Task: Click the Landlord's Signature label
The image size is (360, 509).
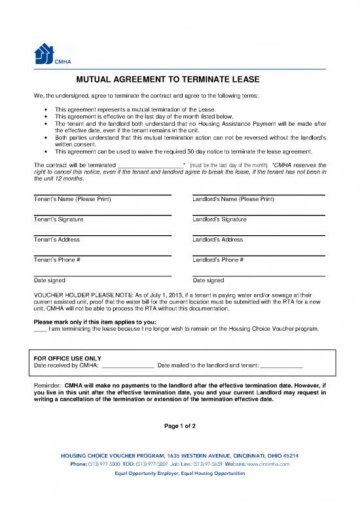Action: (220, 219)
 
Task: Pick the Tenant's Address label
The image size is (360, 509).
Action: (57, 240)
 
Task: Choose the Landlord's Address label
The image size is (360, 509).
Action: (218, 240)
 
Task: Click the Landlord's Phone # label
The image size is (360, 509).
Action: (219, 260)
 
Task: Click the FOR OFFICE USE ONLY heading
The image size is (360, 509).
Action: (67, 358)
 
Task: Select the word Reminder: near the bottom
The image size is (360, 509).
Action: (47, 385)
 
